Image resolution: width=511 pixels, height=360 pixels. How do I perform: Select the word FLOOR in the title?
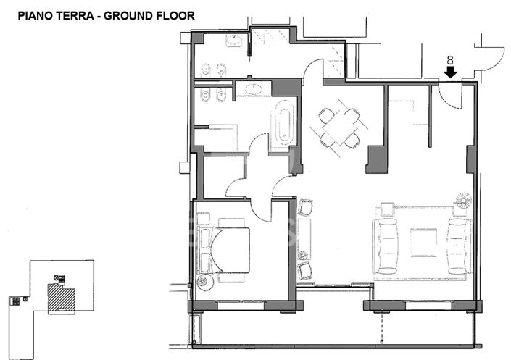click(x=175, y=14)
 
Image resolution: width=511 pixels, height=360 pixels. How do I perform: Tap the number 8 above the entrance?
click(x=450, y=61)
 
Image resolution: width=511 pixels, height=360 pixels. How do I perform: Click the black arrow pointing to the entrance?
click(x=450, y=72)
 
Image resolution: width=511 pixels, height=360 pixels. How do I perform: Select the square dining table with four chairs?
click(x=339, y=127)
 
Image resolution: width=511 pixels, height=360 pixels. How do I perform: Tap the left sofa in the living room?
click(x=386, y=246)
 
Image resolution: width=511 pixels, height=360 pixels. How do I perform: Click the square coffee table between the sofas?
click(x=423, y=243)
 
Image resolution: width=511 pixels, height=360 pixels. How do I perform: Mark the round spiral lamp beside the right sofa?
click(x=462, y=198)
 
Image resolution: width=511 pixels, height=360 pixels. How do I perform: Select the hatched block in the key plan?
click(x=61, y=298)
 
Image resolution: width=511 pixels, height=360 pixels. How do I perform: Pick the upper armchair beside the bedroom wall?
click(x=306, y=208)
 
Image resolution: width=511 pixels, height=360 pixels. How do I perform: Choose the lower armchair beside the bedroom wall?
click(x=306, y=269)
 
